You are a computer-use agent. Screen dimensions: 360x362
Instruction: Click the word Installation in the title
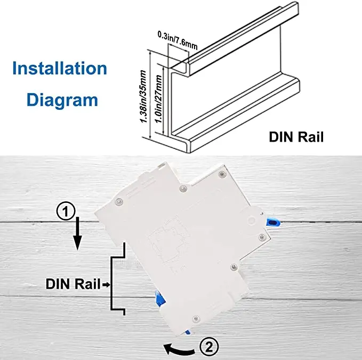pyautogui.click(x=60, y=69)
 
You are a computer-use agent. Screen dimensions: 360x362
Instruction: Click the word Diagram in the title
pyautogui.click(x=62, y=100)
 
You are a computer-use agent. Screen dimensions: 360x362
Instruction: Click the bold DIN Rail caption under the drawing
pyautogui.click(x=296, y=137)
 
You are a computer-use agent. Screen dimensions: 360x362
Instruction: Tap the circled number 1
pyautogui.click(x=65, y=212)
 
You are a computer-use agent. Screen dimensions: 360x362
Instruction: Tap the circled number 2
pyautogui.click(x=208, y=347)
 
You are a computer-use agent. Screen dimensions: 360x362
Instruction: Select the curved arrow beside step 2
pyautogui.click(x=179, y=349)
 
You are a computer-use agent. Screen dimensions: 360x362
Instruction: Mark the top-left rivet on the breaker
pyautogui.click(x=118, y=201)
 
